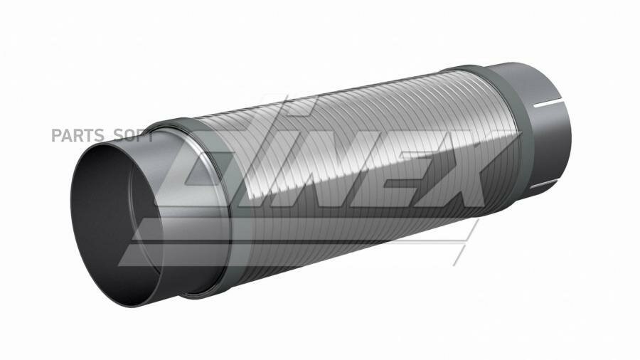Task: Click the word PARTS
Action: point(73,135)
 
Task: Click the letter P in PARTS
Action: point(55,135)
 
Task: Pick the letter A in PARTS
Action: point(65,135)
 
